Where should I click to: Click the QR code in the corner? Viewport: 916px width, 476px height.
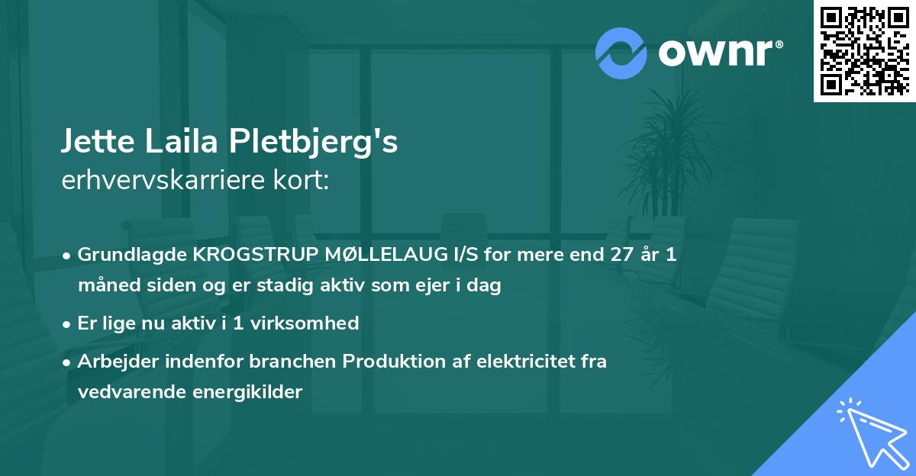(x=865, y=51)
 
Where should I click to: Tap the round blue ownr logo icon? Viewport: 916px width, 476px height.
(x=621, y=53)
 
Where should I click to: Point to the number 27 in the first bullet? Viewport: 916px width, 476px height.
(x=621, y=255)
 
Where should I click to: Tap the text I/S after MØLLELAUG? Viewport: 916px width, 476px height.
(x=441, y=255)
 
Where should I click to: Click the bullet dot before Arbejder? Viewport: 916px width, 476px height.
(x=68, y=362)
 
